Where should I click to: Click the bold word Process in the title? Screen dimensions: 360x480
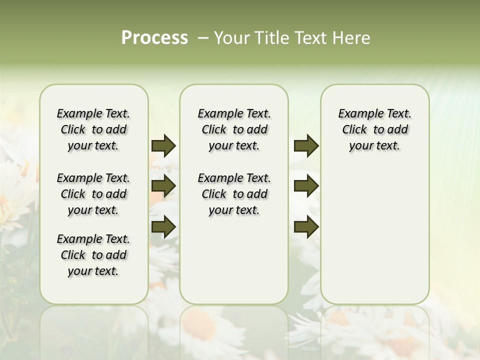point(154,38)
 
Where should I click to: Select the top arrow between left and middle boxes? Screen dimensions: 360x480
point(163,145)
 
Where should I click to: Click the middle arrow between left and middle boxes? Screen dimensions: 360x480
point(163,186)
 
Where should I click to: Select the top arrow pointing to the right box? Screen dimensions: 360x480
point(306,145)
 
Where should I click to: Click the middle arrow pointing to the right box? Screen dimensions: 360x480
point(306,186)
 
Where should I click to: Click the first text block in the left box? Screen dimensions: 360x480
point(93,129)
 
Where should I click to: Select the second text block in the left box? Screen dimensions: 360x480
point(93,194)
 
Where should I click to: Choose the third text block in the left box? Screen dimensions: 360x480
point(93,255)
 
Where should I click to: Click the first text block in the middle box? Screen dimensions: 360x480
point(234,129)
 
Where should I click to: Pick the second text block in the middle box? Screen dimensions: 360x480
point(234,194)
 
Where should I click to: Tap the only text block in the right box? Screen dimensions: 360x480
point(374,129)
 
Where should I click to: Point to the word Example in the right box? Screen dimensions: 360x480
point(358,114)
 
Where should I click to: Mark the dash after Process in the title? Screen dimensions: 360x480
point(202,38)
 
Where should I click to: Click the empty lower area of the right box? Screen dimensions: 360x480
point(374,235)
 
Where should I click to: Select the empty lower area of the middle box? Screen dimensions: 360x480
point(234,260)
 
